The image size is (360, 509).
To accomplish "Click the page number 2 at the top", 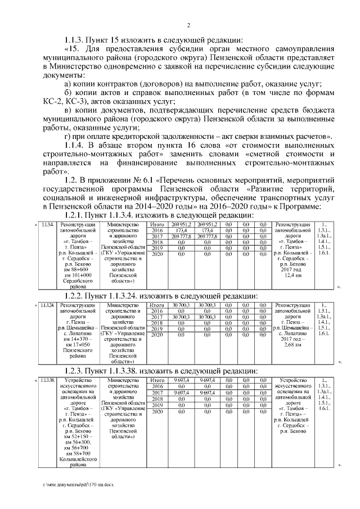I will pos(189,25).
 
